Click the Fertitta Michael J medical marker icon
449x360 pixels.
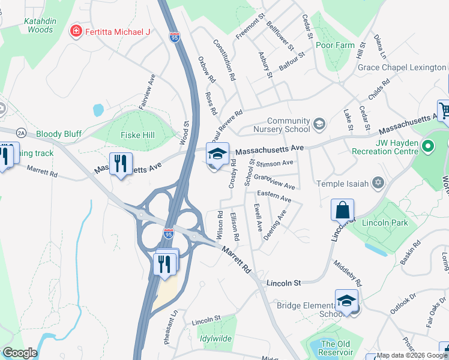(x=76, y=31)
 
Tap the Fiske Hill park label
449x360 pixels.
(x=138, y=135)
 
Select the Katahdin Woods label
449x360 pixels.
(x=40, y=25)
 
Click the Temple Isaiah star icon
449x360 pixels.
(x=378, y=182)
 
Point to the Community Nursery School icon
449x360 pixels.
(x=319, y=125)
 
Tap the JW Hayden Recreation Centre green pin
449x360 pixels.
(x=428, y=146)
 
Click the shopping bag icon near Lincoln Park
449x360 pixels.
(x=342, y=211)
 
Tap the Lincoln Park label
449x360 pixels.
(x=385, y=223)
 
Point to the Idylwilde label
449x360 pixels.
(x=215, y=338)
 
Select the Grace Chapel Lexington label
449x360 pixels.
(x=402, y=67)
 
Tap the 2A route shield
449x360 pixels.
(x=22, y=133)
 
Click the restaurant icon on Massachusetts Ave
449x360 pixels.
(x=121, y=163)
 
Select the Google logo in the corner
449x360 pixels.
(x=20, y=353)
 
